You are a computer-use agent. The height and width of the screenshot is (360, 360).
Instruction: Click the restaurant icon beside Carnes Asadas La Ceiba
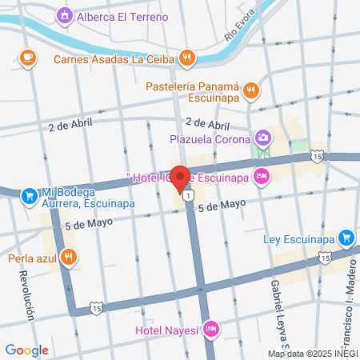click(186, 57)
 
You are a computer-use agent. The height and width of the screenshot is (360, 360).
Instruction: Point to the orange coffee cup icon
click(27, 57)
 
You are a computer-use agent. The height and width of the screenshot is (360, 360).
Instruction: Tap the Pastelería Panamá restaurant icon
click(250, 90)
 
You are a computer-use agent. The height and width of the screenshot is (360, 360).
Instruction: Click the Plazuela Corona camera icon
click(262, 138)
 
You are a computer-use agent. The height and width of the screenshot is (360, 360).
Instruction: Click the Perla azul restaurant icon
click(70, 258)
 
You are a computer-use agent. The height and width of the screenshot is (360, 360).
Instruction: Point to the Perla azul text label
click(32, 258)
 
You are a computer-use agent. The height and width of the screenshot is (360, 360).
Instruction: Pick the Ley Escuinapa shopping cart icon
click(346, 237)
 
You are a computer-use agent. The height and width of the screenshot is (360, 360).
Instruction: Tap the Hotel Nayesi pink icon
click(211, 328)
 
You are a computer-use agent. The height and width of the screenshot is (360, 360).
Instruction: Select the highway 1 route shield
click(187, 194)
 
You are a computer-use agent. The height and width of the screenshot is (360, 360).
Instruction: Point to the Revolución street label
click(26, 292)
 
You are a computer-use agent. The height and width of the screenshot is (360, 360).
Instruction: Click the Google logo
click(26, 350)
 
